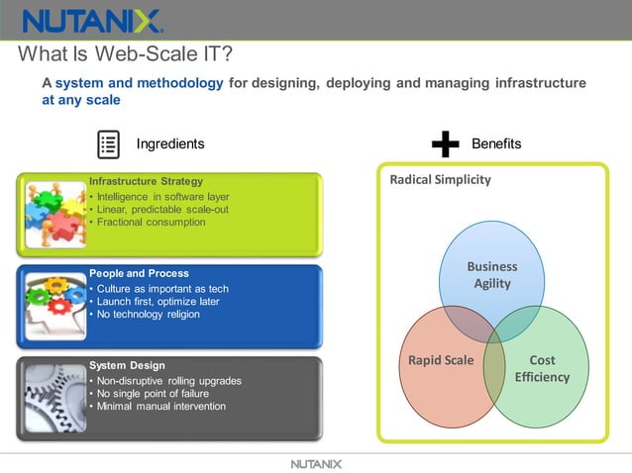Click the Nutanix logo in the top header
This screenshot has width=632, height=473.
pyautogui.click(x=92, y=21)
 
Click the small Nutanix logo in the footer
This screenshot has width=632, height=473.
pyautogui.click(x=316, y=463)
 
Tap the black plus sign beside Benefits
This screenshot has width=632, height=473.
pyautogui.click(x=446, y=144)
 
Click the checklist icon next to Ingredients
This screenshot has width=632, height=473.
pyautogui.click(x=108, y=144)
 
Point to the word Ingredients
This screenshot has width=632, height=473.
pyautogui.click(x=170, y=144)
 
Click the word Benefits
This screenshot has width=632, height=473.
pyautogui.click(x=496, y=144)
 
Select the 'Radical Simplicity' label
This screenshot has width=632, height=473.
pyautogui.click(x=440, y=180)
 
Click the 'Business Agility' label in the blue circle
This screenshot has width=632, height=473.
pyautogui.click(x=492, y=275)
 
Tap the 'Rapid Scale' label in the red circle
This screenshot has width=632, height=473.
pyautogui.click(x=441, y=360)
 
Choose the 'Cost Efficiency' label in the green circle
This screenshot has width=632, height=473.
pyautogui.click(x=542, y=368)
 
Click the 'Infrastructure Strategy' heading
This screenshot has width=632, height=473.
pyautogui.click(x=146, y=181)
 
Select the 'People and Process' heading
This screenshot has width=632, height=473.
pyautogui.click(x=139, y=273)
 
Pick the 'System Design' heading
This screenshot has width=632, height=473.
pyautogui.click(x=127, y=365)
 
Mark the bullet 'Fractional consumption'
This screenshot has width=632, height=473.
pyautogui.click(x=151, y=222)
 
